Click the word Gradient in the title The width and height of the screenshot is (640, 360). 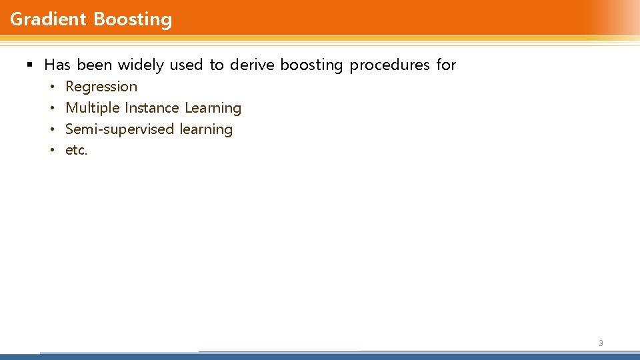pyautogui.click(x=49, y=19)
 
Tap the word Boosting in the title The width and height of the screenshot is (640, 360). pyautogui.click(x=133, y=19)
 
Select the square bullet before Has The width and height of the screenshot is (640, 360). pyautogui.click(x=29, y=65)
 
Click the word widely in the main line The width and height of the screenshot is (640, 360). pyautogui.click(x=141, y=65)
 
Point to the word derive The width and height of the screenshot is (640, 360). pyautogui.click(x=252, y=65)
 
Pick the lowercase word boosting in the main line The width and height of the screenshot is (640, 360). pyautogui.click(x=311, y=65)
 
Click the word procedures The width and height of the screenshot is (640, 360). pyautogui.click(x=390, y=65)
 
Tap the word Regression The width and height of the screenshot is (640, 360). pyautogui.click(x=101, y=87)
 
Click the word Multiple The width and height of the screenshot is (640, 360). pyautogui.click(x=93, y=108)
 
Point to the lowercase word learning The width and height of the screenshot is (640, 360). pyautogui.click(x=206, y=129)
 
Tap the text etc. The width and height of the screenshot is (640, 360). pyautogui.click(x=77, y=151)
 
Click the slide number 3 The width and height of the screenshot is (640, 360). pyautogui.click(x=601, y=343)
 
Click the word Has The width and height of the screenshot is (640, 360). pyautogui.click(x=57, y=65)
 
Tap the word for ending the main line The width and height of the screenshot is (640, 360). pyautogui.click(x=446, y=65)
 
